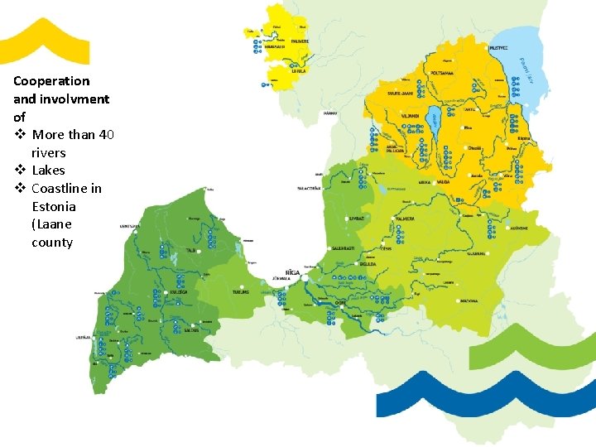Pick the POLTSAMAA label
point(445,74)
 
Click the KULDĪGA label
point(176,292)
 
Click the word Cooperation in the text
point(51,81)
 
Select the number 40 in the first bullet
point(106,135)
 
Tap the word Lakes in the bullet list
point(48,171)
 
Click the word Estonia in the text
point(54,206)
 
